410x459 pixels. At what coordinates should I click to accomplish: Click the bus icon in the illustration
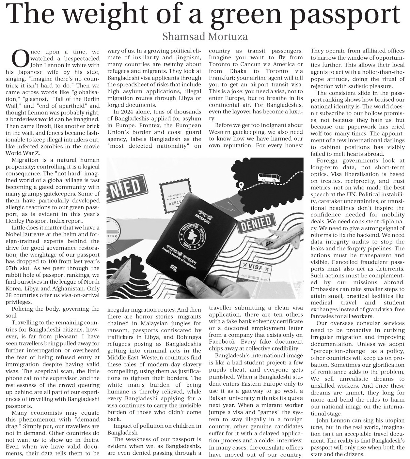(x=269, y=178)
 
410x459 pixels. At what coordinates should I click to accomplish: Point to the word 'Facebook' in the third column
(x=222, y=342)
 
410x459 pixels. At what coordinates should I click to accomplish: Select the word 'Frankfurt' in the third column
(x=222, y=78)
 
